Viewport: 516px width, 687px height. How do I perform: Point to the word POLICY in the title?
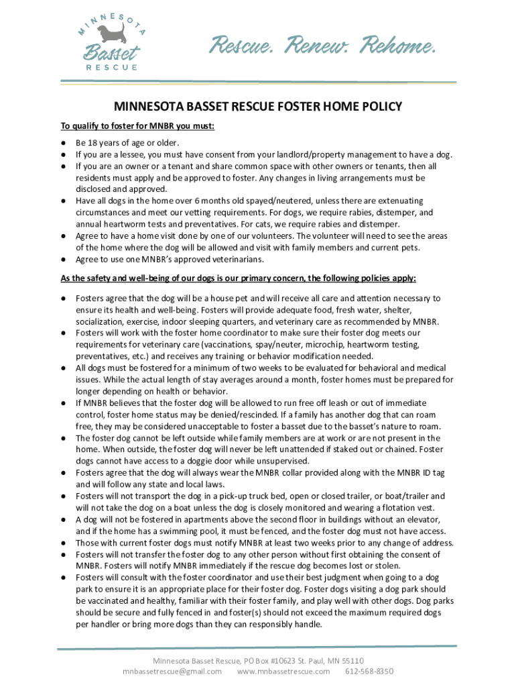pyautogui.click(x=379, y=107)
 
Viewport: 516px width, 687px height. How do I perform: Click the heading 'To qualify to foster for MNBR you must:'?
pyautogui.click(x=138, y=125)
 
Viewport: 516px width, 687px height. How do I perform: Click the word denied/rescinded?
pyautogui.click(x=222, y=414)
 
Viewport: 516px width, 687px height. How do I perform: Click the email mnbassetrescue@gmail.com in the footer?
pyautogui.click(x=172, y=671)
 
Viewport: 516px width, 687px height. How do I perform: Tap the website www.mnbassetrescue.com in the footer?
pyautogui.click(x=283, y=671)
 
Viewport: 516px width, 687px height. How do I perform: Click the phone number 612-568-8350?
pyautogui.click(x=369, y=671)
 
